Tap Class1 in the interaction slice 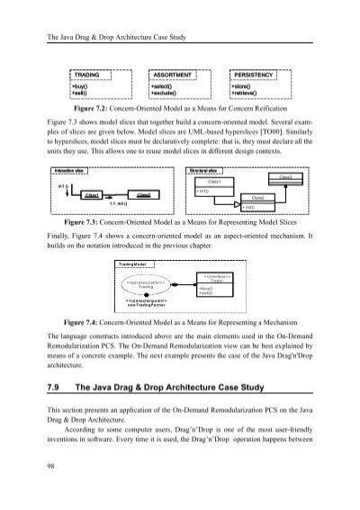click(92, 193)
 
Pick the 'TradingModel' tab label click(134, 263)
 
